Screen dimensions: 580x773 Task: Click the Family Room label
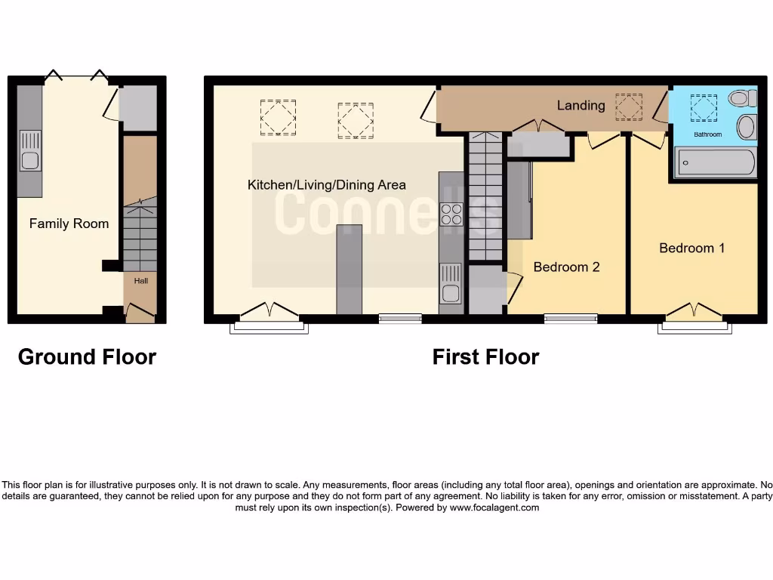click(x=69, y=224)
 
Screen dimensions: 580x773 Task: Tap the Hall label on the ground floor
click(x=141, y=281)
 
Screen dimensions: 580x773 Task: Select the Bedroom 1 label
click(x=691, y=248)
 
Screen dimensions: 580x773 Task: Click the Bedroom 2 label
click(x=566, y=267)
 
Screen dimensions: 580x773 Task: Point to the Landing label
click(x=581, y=105)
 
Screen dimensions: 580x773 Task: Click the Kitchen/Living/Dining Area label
click(x=326, y=185)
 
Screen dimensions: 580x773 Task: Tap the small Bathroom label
click(x=707, y=134)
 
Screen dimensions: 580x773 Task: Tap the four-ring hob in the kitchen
click(x=451, y=215)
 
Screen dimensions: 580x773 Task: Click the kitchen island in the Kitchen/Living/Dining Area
click(x=349, y=268)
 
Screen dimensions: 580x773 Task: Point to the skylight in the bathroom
click(x=704, y=108)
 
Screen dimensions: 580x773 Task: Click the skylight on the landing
click(x=628, y=106)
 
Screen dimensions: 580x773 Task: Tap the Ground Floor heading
click(x=87, y=357)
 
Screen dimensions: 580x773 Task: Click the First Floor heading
click(x=485, y=357)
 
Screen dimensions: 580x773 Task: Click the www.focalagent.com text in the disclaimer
click(x=496, y=508)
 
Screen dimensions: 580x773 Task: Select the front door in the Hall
click(x=140, y=311)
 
